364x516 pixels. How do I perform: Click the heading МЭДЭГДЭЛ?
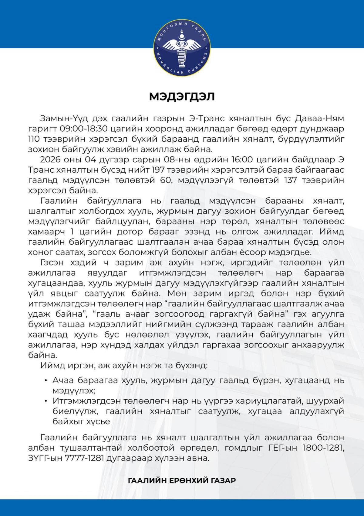pos(182,96)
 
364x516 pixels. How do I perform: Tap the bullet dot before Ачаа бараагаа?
pos(45,381)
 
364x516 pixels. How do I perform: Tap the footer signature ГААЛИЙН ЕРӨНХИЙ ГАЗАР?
pos(182,480)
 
